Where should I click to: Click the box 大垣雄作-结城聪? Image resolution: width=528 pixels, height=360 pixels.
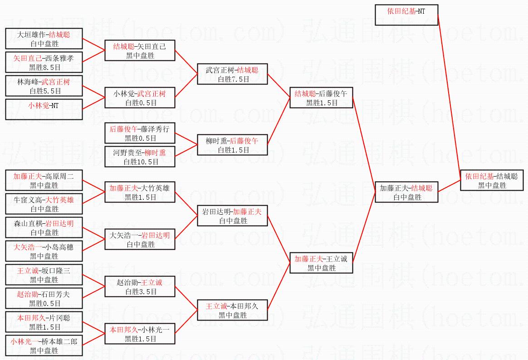click(x=44, y=39)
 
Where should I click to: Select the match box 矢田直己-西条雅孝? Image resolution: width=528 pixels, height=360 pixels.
click(x=44, y=62)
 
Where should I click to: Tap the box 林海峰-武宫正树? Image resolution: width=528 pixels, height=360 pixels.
click(x=44, y=86)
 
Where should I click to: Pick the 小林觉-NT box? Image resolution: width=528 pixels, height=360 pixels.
click(x=44, y=109)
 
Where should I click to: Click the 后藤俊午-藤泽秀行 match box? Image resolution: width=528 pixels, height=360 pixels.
click(x=140, y=133)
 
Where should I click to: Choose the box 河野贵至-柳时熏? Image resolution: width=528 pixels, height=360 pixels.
click(x=140, y=157)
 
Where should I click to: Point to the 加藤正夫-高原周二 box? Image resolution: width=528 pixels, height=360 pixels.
click(x=44, y=180)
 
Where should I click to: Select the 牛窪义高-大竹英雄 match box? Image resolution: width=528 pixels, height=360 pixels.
click(x=44, y=204)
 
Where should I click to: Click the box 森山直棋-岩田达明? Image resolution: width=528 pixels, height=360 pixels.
click(x=44, y=227)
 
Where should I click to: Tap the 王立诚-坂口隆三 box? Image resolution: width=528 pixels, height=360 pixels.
click(x=44, y=275)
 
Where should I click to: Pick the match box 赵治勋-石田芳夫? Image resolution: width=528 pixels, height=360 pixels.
click(x=44, y=298)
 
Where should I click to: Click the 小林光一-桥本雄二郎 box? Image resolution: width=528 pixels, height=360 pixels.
click(x=44, y=345)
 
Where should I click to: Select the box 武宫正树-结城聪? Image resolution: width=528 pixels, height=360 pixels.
click(x=232, y=74)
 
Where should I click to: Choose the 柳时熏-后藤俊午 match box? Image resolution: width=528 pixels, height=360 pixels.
click(x=232, y=145)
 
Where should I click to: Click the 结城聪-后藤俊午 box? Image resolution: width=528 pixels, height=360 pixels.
click(x=321, y=98)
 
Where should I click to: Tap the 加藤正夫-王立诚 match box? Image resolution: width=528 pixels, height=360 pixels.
click(x=321, y=263)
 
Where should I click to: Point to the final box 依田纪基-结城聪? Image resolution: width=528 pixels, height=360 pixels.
click(x=492, y=180)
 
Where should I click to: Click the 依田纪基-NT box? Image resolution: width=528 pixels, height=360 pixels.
click(x=406, y=15)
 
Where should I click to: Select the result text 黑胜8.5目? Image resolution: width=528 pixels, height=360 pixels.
click(x=44, y=67)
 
